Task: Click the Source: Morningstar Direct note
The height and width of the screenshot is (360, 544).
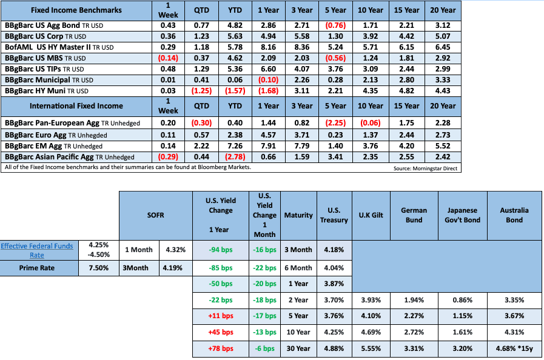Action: [424, 168]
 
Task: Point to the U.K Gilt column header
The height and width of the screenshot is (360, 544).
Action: [371, 215]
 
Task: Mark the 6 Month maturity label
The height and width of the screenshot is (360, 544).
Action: [298, 267]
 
